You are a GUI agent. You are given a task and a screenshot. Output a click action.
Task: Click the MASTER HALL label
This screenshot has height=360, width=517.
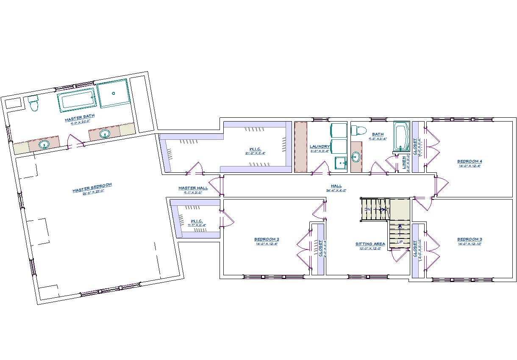(x=193, y=188)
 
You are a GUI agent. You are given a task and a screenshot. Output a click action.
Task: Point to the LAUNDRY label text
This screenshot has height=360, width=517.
(x=320, y=147)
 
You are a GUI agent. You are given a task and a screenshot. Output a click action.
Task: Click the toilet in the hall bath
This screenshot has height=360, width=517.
(x=361, y=130)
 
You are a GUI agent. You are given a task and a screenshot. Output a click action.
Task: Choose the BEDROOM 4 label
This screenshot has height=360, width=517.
(x=470, y=161)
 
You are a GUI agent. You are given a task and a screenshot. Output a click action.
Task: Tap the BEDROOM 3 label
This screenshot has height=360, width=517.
(x=470, y=239)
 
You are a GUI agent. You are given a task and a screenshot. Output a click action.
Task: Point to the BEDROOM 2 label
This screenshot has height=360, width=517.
(x=267, y=239)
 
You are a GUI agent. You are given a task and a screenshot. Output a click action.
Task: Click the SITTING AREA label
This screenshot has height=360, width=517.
(x=370, y=244)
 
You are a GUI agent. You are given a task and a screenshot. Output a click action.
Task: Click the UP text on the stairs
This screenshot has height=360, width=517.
(x=399, y=242)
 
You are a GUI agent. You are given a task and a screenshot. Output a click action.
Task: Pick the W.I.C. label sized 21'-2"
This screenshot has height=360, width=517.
(x=255, y=149)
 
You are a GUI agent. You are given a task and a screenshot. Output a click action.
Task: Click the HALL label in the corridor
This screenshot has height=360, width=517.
(x=336, y=186)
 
